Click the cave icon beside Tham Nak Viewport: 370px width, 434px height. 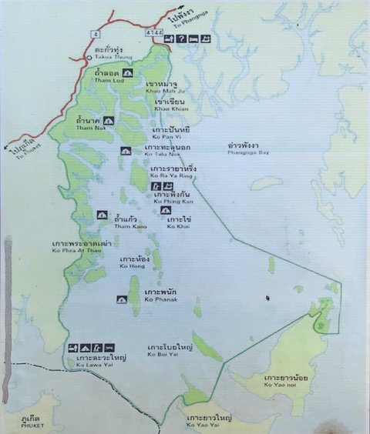click(109, 121)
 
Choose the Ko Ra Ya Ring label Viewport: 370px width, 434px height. click(173, 171)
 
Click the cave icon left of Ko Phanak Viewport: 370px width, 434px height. click(121, 300)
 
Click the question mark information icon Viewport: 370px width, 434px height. click(182, 38)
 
